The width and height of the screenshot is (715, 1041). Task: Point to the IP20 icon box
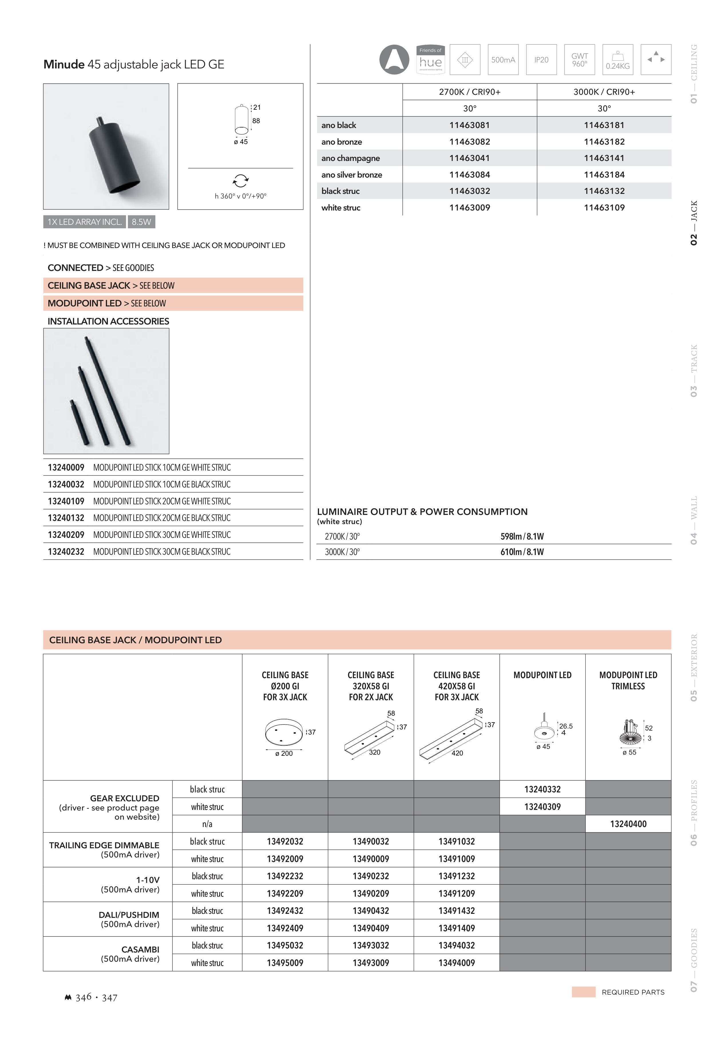[541, 60]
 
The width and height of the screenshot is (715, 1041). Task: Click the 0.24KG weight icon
[617, 60]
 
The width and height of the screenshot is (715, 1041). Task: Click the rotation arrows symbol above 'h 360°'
[241, 181]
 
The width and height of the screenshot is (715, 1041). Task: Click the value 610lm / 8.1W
[522, 552]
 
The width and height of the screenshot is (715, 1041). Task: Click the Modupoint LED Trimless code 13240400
[628, 824]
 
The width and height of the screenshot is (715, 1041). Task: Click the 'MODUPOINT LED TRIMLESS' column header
[628, 680]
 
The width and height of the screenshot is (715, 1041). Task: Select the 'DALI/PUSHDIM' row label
[129, 915]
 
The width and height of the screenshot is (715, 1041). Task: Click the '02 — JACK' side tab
[694, 223]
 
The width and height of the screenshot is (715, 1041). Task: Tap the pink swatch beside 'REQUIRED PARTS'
[583, 992]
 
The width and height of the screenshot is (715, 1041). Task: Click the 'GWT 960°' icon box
[579, 60]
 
